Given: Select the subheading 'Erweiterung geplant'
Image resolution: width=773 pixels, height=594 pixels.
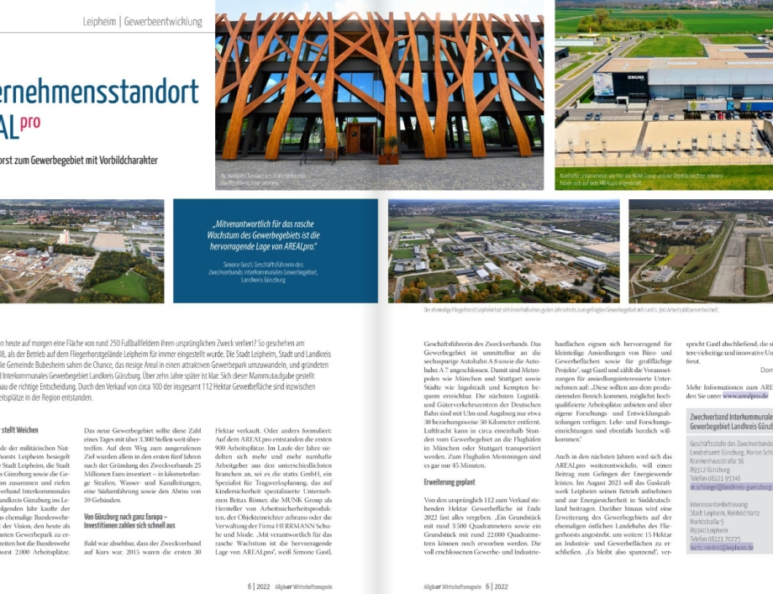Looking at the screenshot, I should (x=450, y=482).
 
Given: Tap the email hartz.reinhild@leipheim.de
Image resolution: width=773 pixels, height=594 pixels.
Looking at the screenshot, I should (x=721, y=547).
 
